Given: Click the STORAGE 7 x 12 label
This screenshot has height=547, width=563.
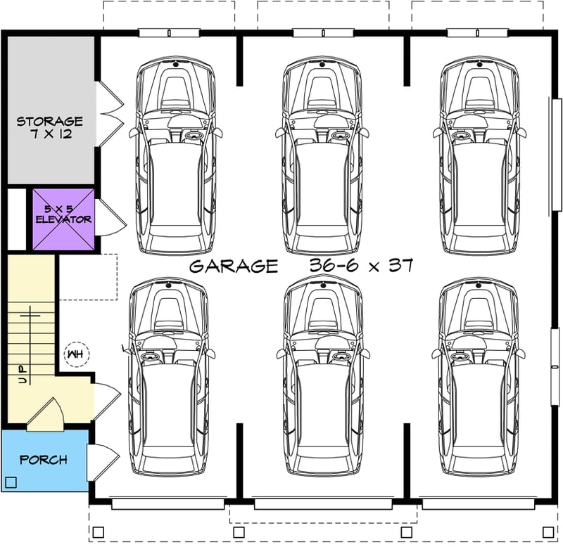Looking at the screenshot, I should [x=49, y=127].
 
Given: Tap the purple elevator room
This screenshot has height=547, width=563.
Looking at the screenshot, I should [x=63, y=219].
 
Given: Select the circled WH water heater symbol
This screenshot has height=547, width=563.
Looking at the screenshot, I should [x=74, y=354].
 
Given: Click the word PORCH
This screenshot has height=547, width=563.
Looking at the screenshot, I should [x=44, y=460].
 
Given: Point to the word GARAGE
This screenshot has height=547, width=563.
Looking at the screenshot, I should [x=234, y=266].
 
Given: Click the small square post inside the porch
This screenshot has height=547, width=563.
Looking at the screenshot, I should [x=11, y=482].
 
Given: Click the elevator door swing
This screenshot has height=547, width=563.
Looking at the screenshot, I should [x=109, y=219].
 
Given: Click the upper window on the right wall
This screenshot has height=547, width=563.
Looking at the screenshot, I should [x=557, y=154].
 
